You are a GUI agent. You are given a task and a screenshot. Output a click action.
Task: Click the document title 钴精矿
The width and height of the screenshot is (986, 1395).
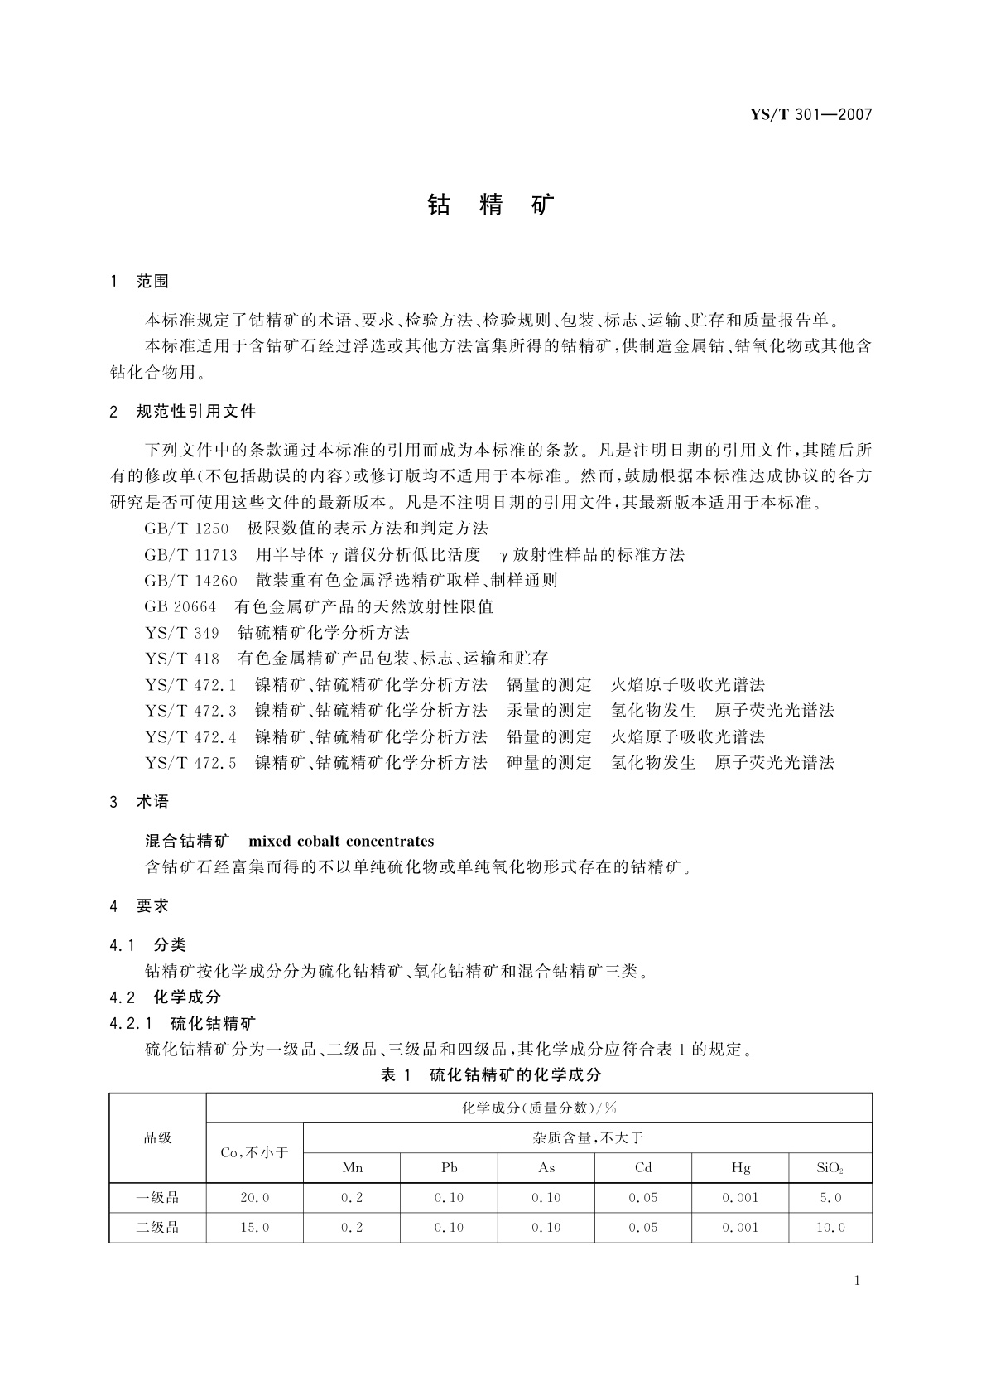click(492, 205)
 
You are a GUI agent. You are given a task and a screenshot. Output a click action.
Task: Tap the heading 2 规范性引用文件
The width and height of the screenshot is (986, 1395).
click(183, 412)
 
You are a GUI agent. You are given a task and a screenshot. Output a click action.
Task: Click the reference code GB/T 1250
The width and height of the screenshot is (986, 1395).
click(186, 529)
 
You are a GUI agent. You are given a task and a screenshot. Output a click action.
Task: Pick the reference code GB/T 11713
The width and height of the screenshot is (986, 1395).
click(190, 555)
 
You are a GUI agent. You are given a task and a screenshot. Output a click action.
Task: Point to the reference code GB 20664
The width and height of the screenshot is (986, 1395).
click(180, 607)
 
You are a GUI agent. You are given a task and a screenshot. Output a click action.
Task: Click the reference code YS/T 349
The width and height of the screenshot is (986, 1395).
click(182, 633)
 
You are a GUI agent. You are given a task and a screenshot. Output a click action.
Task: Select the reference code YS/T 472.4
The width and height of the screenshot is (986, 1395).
click(190, 737)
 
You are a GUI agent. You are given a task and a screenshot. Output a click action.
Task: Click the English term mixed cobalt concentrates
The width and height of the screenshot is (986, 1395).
click(341, 842)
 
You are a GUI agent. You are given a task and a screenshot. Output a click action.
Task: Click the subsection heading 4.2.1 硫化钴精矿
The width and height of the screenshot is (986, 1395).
click(183, 1023)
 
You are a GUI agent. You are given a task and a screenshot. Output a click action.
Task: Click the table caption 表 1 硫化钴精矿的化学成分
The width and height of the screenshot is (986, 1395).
click(490, 1075)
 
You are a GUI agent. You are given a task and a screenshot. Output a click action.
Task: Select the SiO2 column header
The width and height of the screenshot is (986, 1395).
click(830, 1168)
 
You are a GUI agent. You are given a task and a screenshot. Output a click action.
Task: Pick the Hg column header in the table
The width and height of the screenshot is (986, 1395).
click(740, 1168)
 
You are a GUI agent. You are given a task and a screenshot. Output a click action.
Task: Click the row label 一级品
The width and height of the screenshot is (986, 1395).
click(157, 1198)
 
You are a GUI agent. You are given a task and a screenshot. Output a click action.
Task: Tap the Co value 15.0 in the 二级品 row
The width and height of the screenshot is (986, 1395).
click(254, 1228)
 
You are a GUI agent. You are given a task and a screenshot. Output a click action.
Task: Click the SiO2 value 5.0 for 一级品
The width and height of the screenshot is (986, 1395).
click(830, 1198)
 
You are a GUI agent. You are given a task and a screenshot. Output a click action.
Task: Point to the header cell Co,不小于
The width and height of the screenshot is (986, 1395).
click(254, 1153)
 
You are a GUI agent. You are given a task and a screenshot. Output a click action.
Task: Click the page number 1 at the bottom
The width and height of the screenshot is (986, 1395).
click(857, 1281)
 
